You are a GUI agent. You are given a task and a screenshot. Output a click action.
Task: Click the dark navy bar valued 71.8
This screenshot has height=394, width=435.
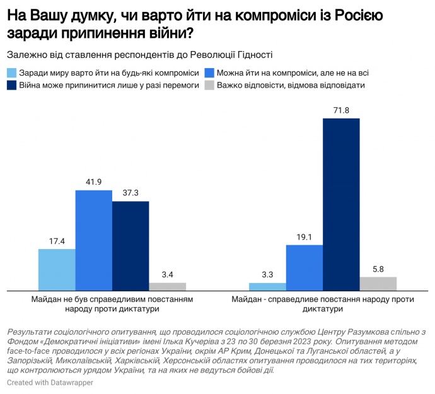[x=341, y=204]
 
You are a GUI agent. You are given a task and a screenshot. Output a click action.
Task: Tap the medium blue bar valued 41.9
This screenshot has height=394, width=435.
[x=94, y=240]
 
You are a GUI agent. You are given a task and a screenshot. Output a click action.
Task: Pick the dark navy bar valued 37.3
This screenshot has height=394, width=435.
[x=130, y=246]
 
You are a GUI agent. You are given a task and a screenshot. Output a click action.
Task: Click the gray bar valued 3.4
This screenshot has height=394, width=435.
[x=168, y=287]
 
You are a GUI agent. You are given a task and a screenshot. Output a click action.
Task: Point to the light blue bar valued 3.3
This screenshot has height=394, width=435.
[x=267, y=287]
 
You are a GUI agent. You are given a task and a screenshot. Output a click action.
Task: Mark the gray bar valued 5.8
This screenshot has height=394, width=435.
[x=378, y=284]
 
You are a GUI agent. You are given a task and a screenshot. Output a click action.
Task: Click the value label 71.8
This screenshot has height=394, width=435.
[x=341, y=111]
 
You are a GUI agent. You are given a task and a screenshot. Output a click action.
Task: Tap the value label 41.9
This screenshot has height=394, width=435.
[x=94, y=182]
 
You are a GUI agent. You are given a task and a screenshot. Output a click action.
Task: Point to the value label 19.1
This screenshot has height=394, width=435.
[x=304, y=238]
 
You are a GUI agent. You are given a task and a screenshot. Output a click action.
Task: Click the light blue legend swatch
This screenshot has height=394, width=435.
[x=12, y=72]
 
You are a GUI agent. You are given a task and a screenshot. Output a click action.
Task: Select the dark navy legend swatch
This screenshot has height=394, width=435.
[x=12, y=84]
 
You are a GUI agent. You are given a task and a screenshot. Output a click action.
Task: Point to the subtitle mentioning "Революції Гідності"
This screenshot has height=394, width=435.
[x=142, y=55]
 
